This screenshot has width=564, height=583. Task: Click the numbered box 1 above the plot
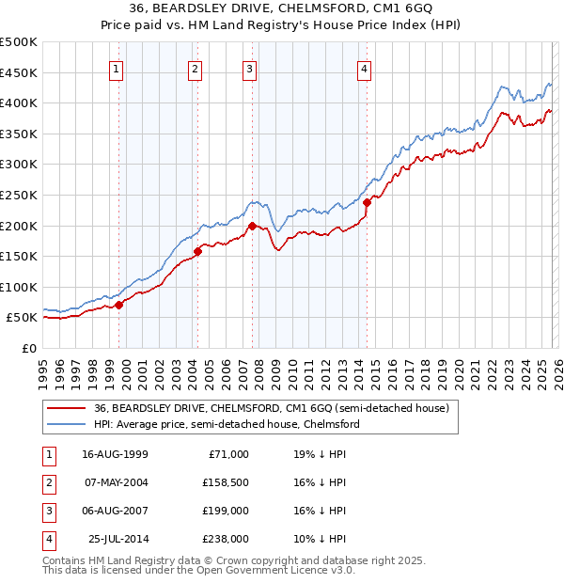[116, 68]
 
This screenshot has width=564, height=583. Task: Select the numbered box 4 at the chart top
[363, 68]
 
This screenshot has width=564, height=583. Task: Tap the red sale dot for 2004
[198, 251]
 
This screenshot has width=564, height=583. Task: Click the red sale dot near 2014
[368, 202]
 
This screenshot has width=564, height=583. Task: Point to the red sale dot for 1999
[119, 305]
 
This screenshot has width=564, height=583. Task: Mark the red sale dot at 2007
[252, 226]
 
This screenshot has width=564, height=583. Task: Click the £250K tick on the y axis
[19, 196]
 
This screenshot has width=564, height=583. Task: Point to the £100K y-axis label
[19, 287]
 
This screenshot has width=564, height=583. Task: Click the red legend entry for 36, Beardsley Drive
[273, 408]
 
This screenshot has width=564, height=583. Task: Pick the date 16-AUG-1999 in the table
[115, 453]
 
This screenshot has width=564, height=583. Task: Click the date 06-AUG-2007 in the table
[115, 511]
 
